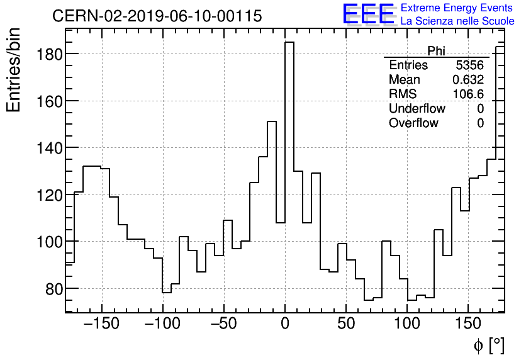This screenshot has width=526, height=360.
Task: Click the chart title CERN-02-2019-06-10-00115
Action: [x=157, y=16]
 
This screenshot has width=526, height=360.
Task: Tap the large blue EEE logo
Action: [x=368, y=14]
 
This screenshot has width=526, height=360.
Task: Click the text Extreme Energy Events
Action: [x=457, y=8]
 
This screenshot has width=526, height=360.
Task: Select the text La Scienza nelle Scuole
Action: [x=457, y=21]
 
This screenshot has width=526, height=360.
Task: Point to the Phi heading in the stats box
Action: [x=436, y=51]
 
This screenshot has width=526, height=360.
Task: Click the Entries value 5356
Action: [x=469, y=65]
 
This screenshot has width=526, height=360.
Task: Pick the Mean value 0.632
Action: [x=468, y=80]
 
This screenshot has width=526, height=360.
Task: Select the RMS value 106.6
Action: [x=468, y=94]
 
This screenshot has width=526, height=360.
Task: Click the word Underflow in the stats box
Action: [x=417, y=108]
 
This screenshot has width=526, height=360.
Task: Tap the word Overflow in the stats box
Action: [x=413, y=123]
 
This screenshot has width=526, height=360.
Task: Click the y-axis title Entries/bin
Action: [x=14, y=70]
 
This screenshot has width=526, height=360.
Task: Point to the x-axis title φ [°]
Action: [x=489, y=345]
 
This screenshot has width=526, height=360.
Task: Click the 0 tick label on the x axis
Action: [x=285, y=325]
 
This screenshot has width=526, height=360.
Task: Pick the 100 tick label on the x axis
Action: [x=407, y=325]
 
